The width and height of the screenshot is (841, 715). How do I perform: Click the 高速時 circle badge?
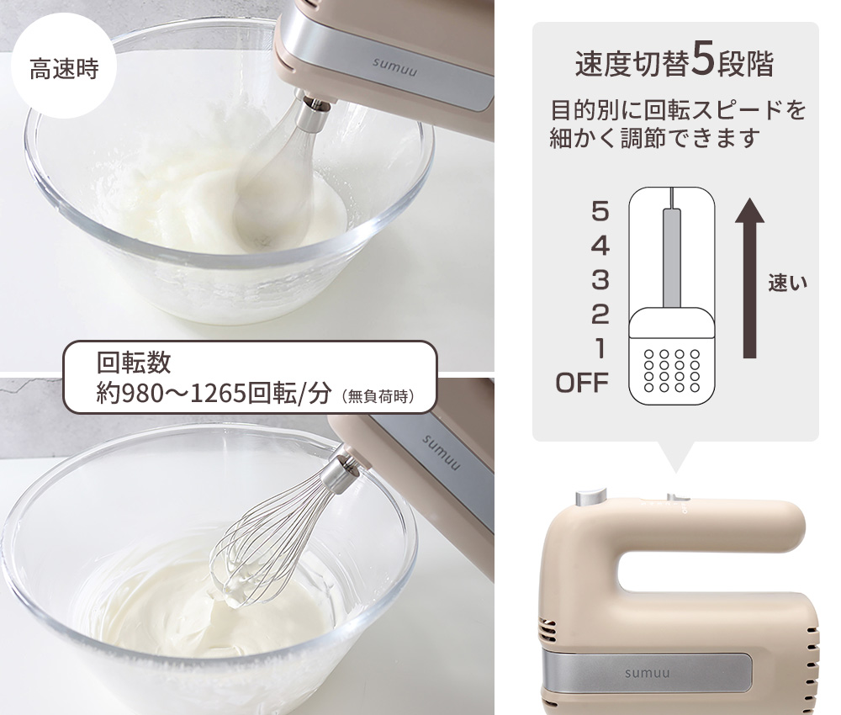[x=64, y=68]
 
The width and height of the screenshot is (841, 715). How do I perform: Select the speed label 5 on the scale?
[x=600, y=212]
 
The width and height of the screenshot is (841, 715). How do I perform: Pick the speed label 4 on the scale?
[x=600, y=246]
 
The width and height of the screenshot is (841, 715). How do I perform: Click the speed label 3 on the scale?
[x=600, y=279]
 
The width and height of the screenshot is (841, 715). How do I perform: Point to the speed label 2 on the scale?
[x=600, y=314]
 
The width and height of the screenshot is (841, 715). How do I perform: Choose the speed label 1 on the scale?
[x=600, y=347]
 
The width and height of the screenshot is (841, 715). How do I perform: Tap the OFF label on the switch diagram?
[x=582, y=384]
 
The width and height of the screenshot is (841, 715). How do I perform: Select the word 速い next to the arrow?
[x=788, y=283]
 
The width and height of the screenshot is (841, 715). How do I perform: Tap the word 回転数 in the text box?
[x=135, y=363]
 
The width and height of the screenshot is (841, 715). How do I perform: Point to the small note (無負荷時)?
[x=378, y=395]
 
